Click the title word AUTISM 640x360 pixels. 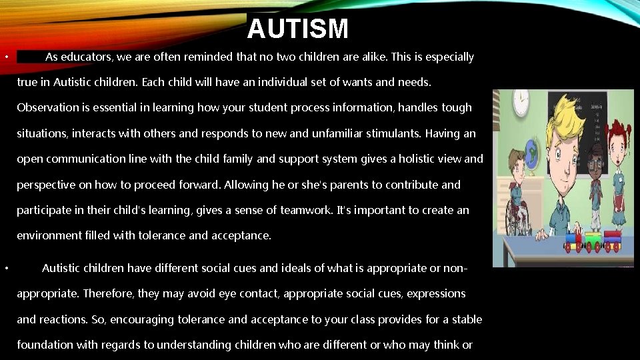(x=297, y=29)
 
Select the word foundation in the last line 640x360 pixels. (x=45, y=345)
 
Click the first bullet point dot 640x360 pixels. (x=5, y=57)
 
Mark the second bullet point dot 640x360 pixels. (x=5, y=269)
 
